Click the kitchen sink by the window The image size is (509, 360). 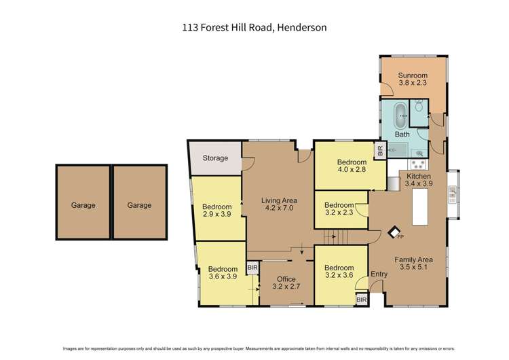(452, 197)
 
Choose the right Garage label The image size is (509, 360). (139, 205)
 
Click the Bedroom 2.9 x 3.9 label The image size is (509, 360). (217, 211)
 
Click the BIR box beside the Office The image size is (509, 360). (252, 268)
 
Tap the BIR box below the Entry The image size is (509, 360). (361, 299)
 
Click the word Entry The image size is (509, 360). (378, 274)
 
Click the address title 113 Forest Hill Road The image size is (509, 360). (254, 28)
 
